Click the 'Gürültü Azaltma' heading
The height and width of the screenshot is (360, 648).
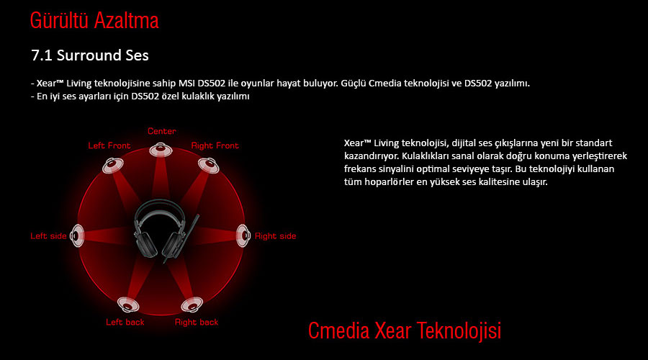[94, 21]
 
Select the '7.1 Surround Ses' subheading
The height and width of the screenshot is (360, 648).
[90, 55]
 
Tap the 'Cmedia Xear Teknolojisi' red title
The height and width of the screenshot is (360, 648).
[405, 330]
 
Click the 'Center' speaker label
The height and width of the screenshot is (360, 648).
[161, 131]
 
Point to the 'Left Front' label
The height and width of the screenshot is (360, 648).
[109, 145]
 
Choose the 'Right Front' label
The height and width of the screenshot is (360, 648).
[215, 145]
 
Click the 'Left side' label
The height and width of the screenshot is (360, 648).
[48, 236]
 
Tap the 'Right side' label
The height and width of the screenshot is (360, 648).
[275, 236]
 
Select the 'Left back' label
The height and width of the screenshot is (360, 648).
[125, 322]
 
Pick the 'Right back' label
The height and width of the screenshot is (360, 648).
[197, 322]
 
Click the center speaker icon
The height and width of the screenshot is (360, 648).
[161, 149]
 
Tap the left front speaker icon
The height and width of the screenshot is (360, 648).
[113, 166]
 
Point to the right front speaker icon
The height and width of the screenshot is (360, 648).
[209, 166]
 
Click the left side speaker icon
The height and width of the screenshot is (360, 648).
[77, 235]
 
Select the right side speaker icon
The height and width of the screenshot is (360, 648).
[243, 235]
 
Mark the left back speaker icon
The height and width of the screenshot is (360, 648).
[128, 305]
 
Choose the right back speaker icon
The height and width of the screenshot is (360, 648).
[192, 305]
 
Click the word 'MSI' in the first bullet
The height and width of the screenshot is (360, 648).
[186, 83]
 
